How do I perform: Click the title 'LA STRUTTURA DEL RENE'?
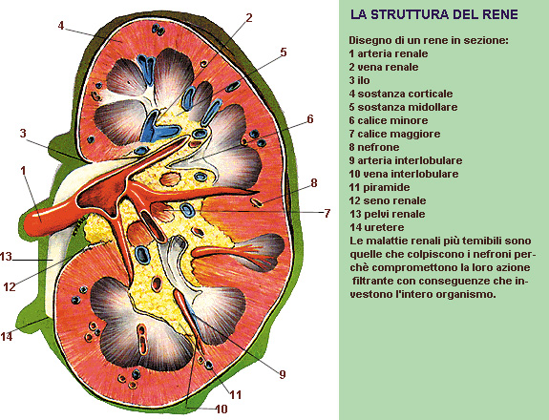pyautogui.click(x=433, y=14)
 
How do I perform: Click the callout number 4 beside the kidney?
pyautogui.click(x=61, y=26)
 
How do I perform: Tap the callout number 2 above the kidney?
pyautogui.click(x=249, y=17)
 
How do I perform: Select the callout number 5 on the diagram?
pyautogui.click(x=284, y=52)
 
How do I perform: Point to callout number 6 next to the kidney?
pyautogui.click(x=310, y=119)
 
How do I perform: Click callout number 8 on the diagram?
pyautogui.click(x=314, y=182)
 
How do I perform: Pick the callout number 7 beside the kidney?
pyautogui.click(x=327, y=213)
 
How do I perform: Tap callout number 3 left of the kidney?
pyautogui.click(x=23, y=133)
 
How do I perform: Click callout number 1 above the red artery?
pyautogui.click(x=24, y=171)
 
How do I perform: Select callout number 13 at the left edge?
pyautogui.click(x=6, y=256)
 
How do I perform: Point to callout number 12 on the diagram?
pyautogui.click(x=10, y=287)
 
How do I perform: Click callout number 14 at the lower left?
pyautogui.click(x=7, y=337)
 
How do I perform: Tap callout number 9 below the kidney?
pyautogui.click(x=283, y=374)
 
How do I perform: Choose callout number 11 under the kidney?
pyautogui.click(x=236, y=395)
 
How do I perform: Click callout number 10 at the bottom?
pyautogui.click(x=222, y=409)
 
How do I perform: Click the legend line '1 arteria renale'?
pyautogui.click(x=389, y=53)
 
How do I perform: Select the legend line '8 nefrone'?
pyautogui.click(x=374, y=147)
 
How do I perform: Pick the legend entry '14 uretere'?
pyautogui.click(x=377, y=227)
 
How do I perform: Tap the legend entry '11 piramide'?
pyautogui.click(x=379, y=187)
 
